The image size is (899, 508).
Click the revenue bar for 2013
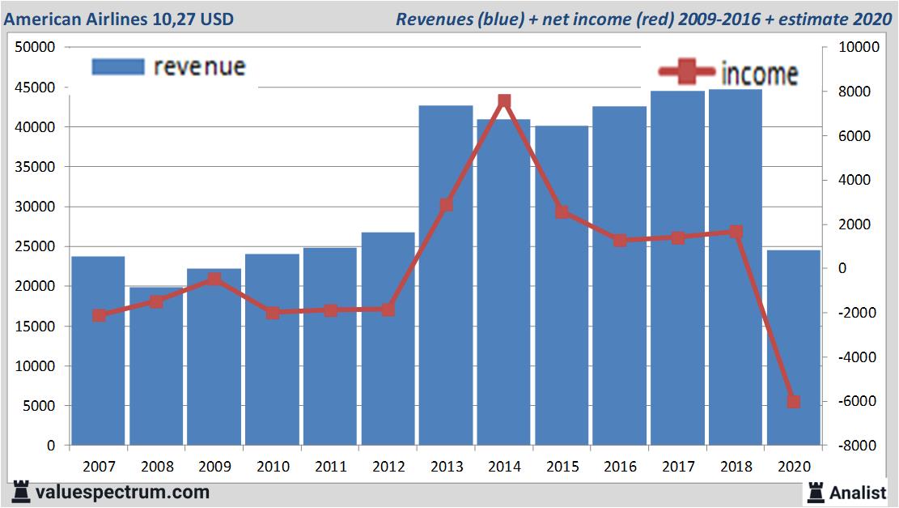pyautogui.click(x=446, y=275)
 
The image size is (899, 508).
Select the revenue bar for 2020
pyautogui.click(x=793, y=348)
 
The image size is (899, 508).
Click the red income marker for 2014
pyautogui.click(x=504, y=101)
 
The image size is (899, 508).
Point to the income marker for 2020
pyautogui.click(x=794, y=402)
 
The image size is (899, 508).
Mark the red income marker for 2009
pyautogui.click(x=214, y=280)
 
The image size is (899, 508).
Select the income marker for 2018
pyautogui.click(x=736, y=232)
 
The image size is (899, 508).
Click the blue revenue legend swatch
pyautogui.click(x=118, y=66)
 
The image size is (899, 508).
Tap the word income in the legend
pyautogui.click(x=759, y=75)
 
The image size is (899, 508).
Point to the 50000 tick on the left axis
pyautogui.click(x=36, y=47)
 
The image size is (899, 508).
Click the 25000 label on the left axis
pyautogui.click(x=36, y=246)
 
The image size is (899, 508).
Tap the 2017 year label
pyautogui.click(x=677, y=467)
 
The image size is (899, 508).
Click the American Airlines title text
pyautogui.click(x=119, y=19)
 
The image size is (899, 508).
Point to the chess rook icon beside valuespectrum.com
pyautogui.click(x=21, y=492)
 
